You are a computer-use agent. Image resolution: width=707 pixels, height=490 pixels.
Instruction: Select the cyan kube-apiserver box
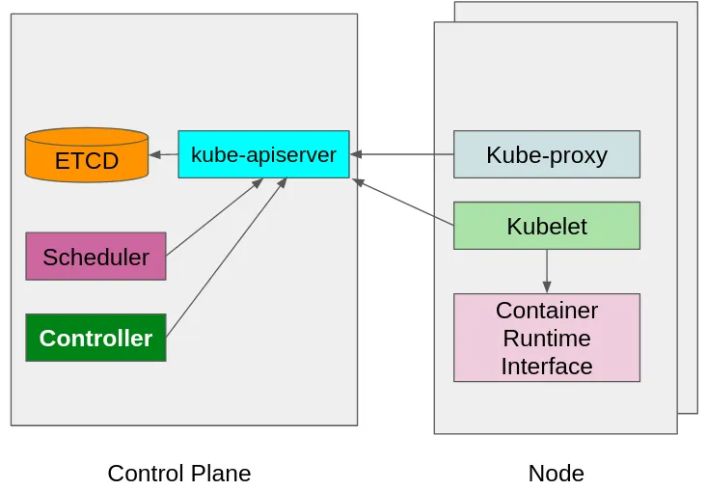[263, 154]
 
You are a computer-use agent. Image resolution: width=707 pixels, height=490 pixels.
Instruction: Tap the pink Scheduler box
[95, 257]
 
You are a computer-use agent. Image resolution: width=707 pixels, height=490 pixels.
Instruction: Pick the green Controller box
[95, 338]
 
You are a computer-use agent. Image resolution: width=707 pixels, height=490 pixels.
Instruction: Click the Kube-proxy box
[546, 154]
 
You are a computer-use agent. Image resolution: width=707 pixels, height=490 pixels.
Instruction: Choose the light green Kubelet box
[546, 226]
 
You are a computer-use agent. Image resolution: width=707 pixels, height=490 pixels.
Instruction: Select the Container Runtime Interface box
[546, 338]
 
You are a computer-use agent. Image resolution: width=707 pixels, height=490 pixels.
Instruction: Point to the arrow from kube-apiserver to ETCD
[164, 154]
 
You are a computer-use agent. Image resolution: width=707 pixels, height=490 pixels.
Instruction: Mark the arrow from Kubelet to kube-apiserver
[405, 203]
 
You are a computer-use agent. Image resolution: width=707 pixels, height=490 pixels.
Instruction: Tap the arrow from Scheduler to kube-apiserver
[214, 217]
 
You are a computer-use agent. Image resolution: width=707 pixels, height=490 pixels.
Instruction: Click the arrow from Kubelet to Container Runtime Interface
[547, 270]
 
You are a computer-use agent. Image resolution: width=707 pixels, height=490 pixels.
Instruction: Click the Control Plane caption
[178, 474]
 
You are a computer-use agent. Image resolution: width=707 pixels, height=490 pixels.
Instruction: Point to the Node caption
[556, 474]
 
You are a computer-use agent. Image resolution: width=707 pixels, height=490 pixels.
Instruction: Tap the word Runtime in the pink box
[546, 339]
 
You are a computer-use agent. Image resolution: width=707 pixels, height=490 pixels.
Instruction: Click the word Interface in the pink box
[546, 367]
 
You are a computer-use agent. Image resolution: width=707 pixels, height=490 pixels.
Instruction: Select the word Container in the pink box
[546, 311]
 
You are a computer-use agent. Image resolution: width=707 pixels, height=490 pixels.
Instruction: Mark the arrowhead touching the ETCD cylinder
[154, 154]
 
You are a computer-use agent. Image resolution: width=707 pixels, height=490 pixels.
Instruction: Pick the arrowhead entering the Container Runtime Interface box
[547, 287]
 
